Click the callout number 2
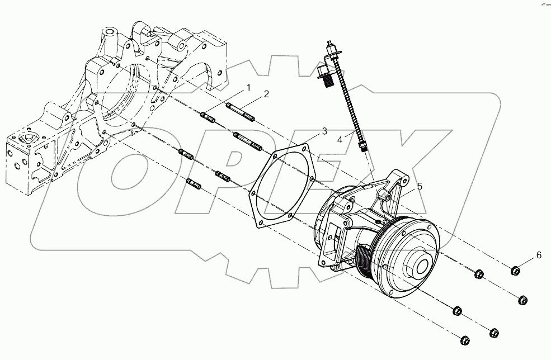pyautogui.click(x=267, y=94)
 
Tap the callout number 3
pyautogui.click(x=324, y=132)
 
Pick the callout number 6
pyautogui.click(x=539, y=255)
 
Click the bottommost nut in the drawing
pyautogui.click(x=464, y=339)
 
